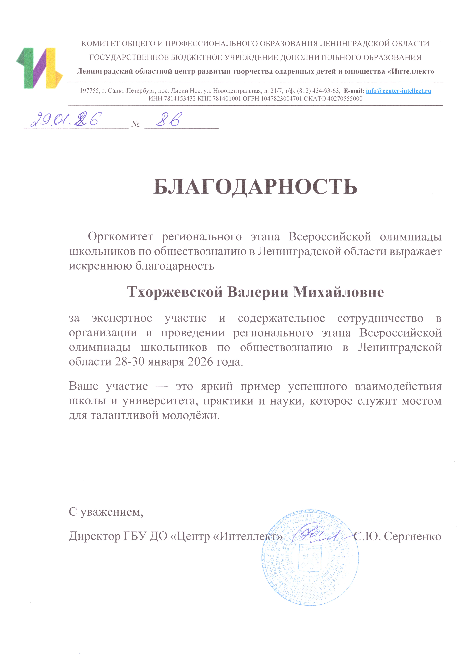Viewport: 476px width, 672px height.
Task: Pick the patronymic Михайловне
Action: [339, 292]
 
